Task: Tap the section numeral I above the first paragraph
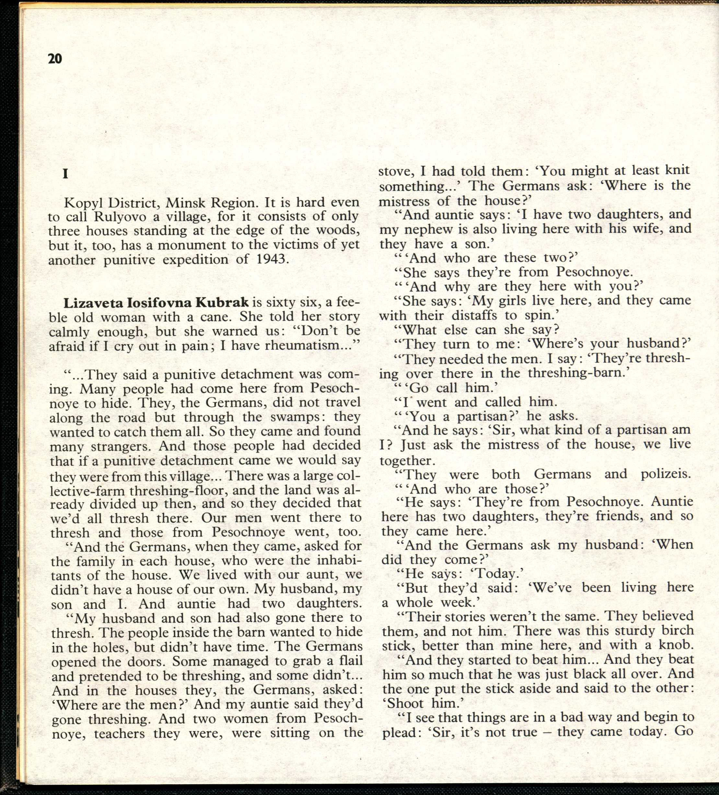[65, 174]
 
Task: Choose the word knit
[677, 170]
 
